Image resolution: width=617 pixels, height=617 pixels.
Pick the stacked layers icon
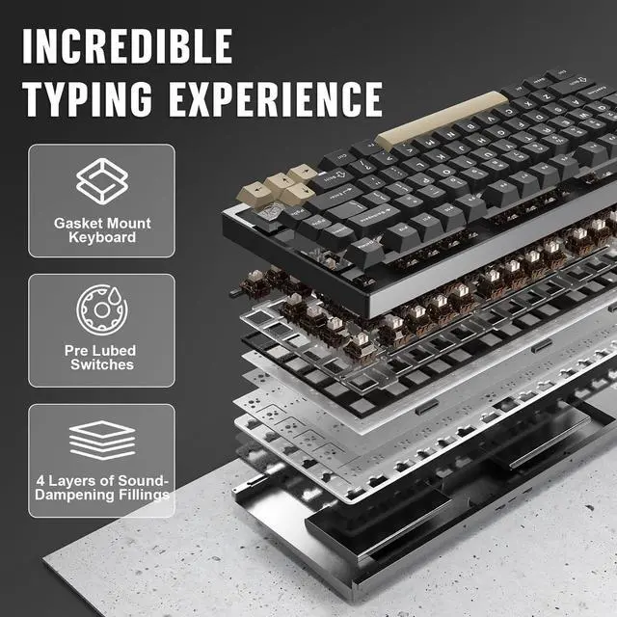coord(101,440)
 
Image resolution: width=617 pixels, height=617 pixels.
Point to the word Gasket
coord(78,223)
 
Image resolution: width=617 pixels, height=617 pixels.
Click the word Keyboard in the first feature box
coord(101,237)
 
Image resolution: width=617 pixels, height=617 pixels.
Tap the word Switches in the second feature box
coord(101,365)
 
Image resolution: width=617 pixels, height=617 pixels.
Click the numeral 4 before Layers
coord(40,480)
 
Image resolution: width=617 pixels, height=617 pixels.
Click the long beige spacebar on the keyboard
coord(441,121)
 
